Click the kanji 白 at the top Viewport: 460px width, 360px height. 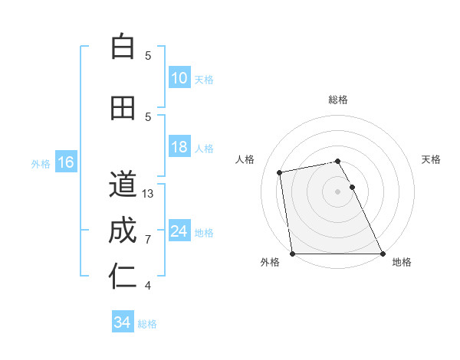pos(123,47)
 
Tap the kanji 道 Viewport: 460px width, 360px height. pos(123,184)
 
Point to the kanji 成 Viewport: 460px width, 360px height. pos(123,231)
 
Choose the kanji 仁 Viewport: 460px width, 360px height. pos(123,277)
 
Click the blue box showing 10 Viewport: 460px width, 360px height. pos(179,79)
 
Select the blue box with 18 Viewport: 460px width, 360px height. pos(179,148)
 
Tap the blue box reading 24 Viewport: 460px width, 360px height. pos(179,232)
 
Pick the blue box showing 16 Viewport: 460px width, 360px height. pos(66,162)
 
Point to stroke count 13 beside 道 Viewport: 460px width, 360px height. pos(149,194)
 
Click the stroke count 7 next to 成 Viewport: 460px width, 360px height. pos(148,240)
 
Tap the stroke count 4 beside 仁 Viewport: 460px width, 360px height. pos(148,286)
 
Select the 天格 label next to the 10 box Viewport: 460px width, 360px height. pos(204,80)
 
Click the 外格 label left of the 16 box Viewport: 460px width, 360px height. pos(41,163)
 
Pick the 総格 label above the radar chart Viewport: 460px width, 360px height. pos(337,100)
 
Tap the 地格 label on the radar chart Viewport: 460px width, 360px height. pos(402,262)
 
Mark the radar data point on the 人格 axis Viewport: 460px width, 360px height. pos(280,172)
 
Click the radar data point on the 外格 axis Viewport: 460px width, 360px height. pos(292,254)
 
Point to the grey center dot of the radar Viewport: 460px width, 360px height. pos(337,191)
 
